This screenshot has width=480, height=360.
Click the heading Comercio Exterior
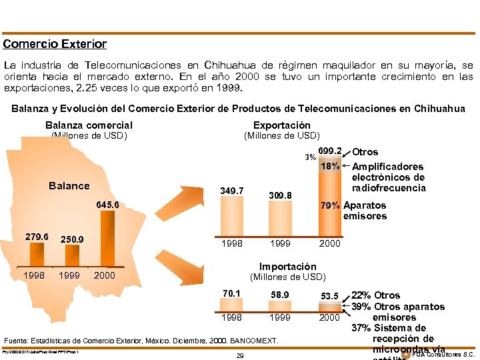pyautogui.click(x=55, y=44)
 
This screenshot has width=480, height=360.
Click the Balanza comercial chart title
pyautogui.click(x=89, y=125)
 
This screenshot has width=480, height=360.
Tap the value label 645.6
pyautogui.click(x=107, y=205)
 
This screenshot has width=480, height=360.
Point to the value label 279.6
pyautogui.click(x=37, y=237)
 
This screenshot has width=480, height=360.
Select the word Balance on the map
pyautogui.click(x=69, y=186)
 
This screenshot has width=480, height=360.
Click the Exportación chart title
pyautogui.click(x=281, y=125)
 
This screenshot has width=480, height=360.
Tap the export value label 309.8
pyautogui.click(x=280, y=195)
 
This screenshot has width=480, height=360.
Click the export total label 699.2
pyautogui.click(x=330, y=151)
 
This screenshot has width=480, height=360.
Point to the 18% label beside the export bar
pyautogui.click(x=330, y=166)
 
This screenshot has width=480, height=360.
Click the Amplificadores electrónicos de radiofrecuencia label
pyautogui.click(x=388, y=177)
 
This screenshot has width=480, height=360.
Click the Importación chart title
pyautogui.click(x=287, y=267)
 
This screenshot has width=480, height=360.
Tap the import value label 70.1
pyautogui.click(x=231, y=293)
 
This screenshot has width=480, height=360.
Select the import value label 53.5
pyautogui.click(x=329, y=296)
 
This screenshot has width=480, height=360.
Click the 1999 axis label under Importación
pyautogui.click(x=280, y=318)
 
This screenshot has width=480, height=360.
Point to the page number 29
pyautogui.click(x=240, y=356)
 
